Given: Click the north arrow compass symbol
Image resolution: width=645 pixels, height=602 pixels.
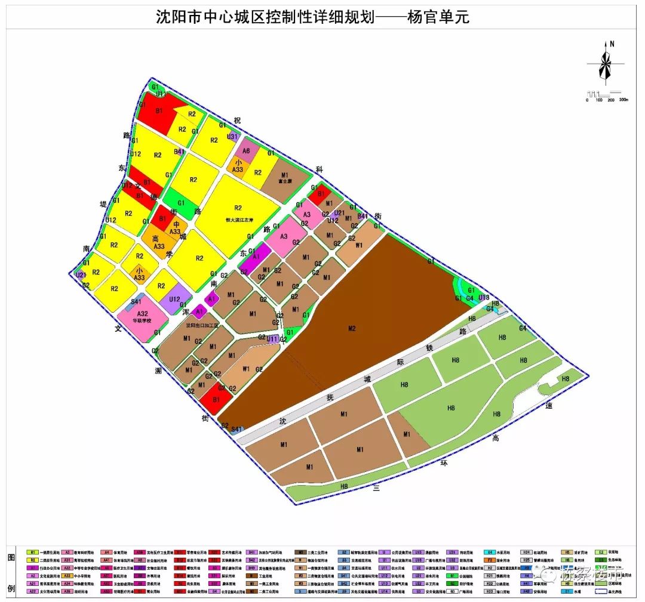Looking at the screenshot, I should click(605, 63).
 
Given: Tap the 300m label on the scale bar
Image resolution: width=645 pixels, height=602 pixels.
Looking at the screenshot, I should click(623, 100).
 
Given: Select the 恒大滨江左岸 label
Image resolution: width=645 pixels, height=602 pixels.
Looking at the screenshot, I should click(238, 218).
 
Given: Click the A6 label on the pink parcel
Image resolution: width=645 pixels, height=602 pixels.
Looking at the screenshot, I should click(246, 151).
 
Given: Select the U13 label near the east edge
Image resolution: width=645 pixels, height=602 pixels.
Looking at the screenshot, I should click(484, 297).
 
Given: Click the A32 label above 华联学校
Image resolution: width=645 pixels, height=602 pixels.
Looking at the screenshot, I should click(142, 314).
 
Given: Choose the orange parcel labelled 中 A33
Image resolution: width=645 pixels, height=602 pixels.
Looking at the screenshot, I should click(175, 228).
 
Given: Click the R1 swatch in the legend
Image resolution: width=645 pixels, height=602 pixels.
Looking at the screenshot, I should click(33, 552).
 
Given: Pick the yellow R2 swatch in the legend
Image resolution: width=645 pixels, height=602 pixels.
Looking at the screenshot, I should click(33, 561).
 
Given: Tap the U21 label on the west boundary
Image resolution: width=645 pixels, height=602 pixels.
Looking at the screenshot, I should click(80, 276).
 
